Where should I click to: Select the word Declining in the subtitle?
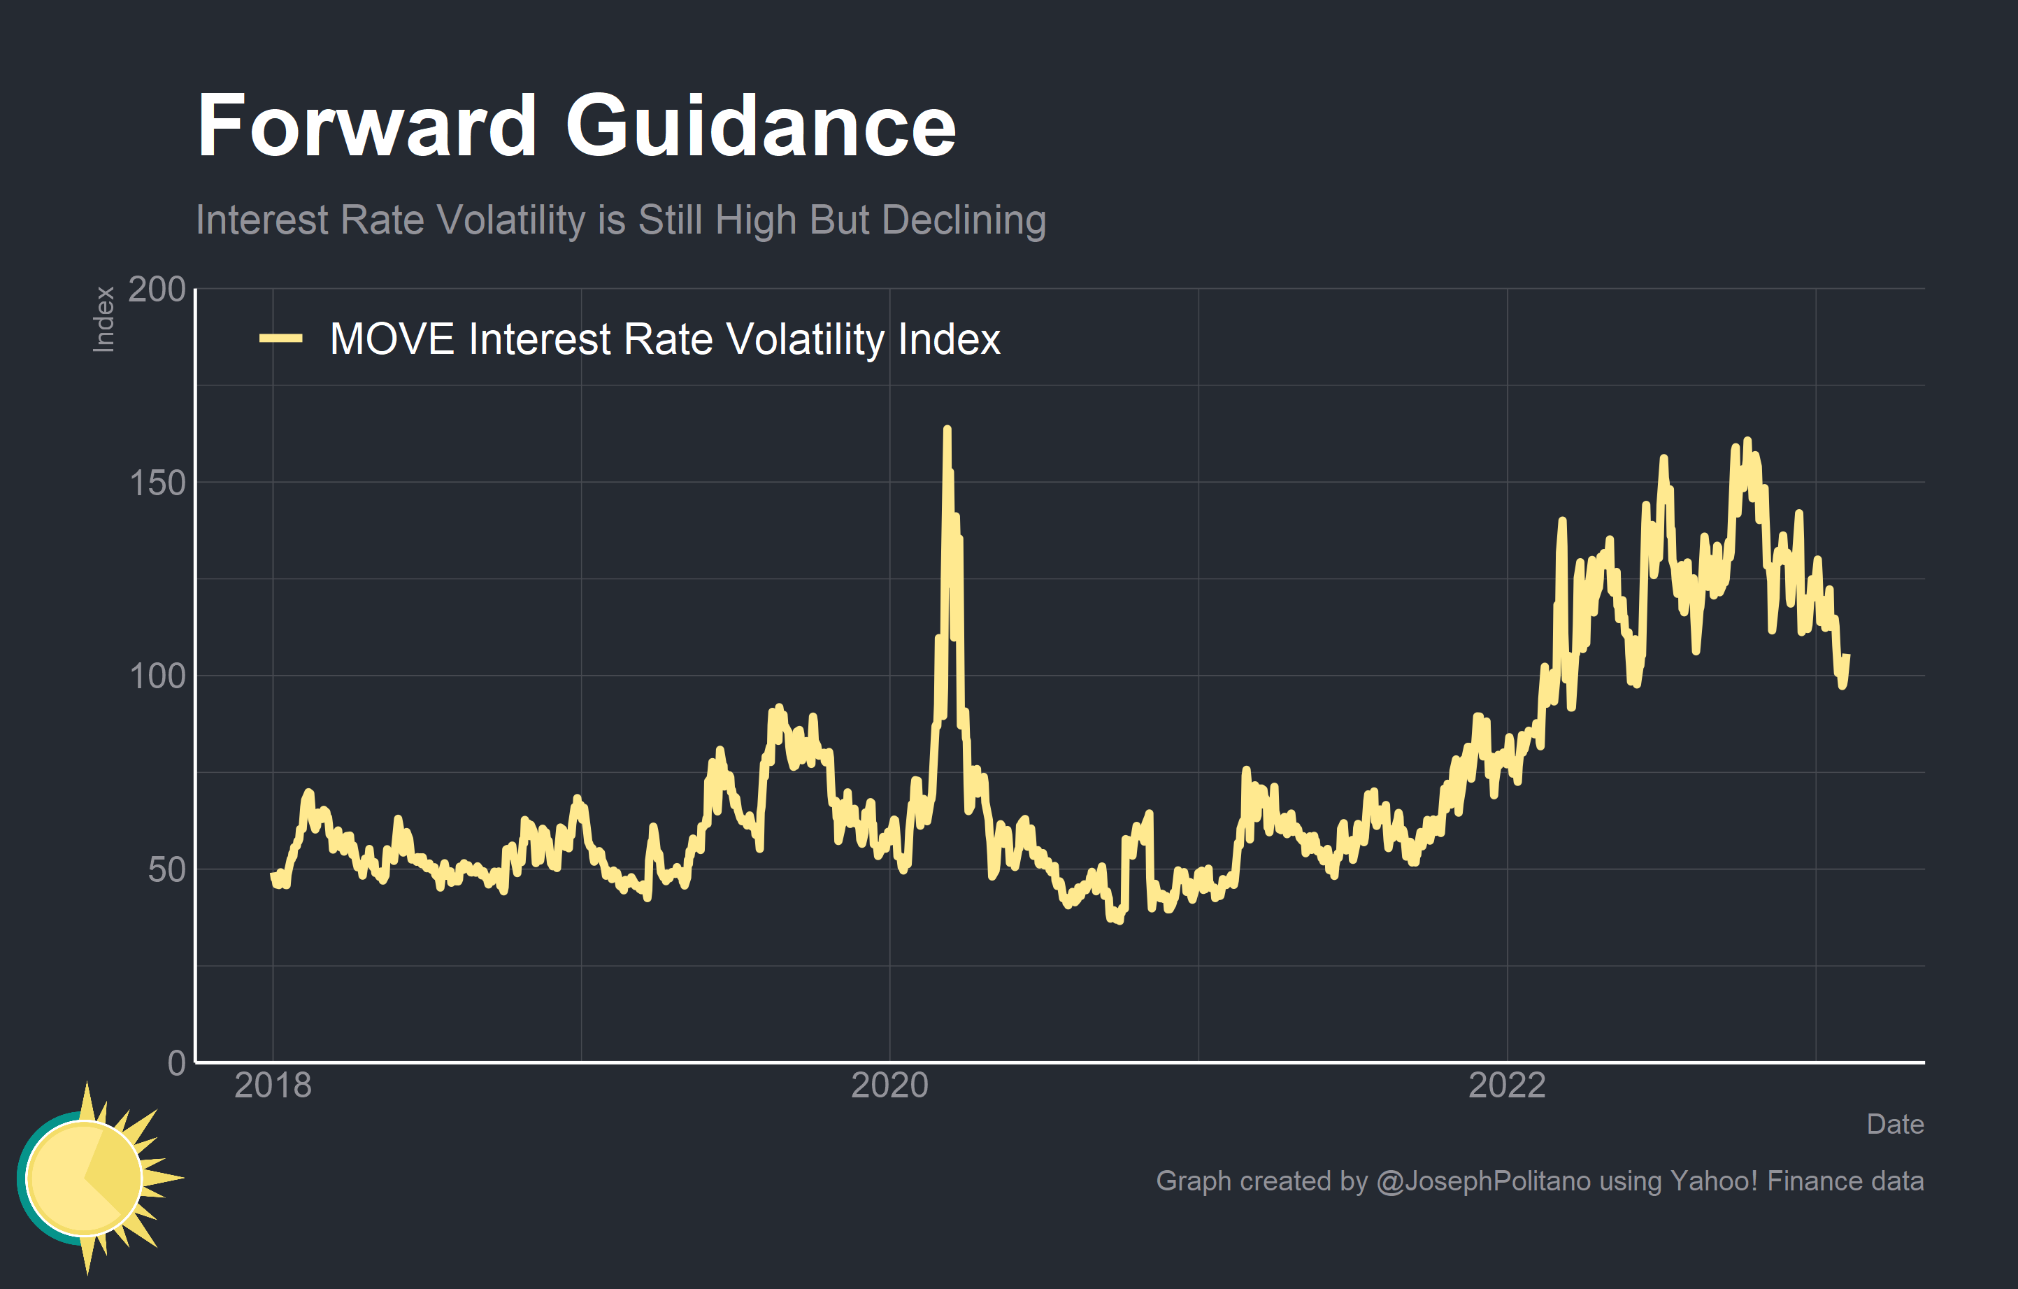964,220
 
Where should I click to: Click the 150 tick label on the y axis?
157,483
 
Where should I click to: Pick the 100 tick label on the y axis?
157,676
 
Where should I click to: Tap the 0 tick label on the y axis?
176,1062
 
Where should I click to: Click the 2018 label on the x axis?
273,1085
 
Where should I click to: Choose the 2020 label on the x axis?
889,1085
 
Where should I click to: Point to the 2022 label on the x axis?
1507,1085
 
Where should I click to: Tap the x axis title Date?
1895,1124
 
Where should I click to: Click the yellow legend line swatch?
280,339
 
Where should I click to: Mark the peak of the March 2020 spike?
947,429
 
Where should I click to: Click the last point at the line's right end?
1848,656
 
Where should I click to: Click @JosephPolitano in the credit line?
1483,1181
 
